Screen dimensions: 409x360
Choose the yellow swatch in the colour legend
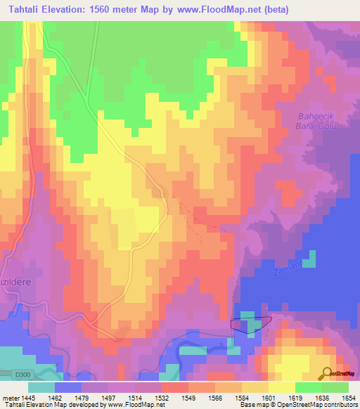click(281, 387)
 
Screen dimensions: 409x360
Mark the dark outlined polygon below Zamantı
click(250, 323)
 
